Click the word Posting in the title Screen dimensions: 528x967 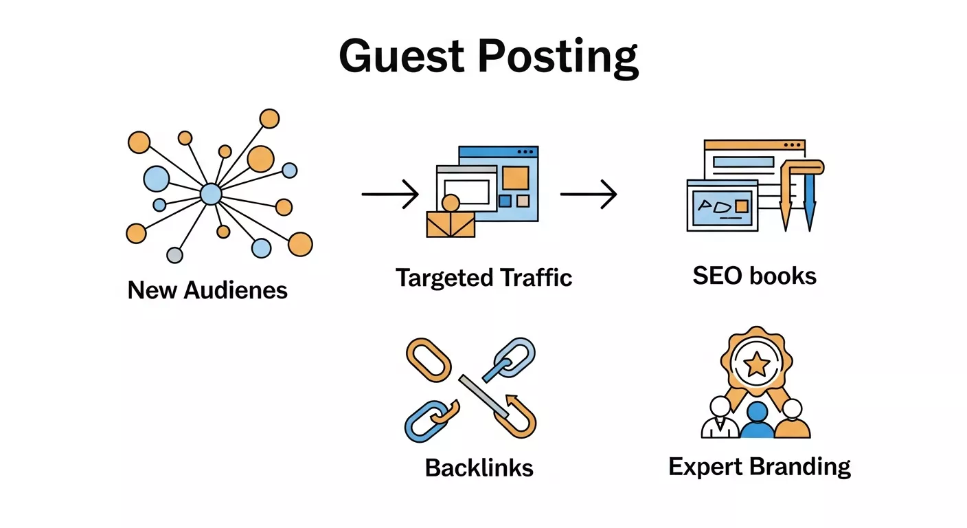pos(557,58)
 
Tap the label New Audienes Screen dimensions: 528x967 pos(207,290)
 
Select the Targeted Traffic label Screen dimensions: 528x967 pos(483,278)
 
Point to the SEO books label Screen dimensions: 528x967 pos(754,276)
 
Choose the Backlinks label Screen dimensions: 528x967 pos(479,467)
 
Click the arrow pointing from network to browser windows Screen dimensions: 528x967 pos(390,195)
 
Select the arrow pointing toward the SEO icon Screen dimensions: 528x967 pos(588,195)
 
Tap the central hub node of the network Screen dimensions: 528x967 pos(211,195)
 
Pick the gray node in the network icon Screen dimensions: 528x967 pos(175,255)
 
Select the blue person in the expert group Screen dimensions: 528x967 pos(757,421)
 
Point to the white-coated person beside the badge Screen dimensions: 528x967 pos(720,419)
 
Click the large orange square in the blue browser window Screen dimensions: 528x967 pos(515,177)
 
